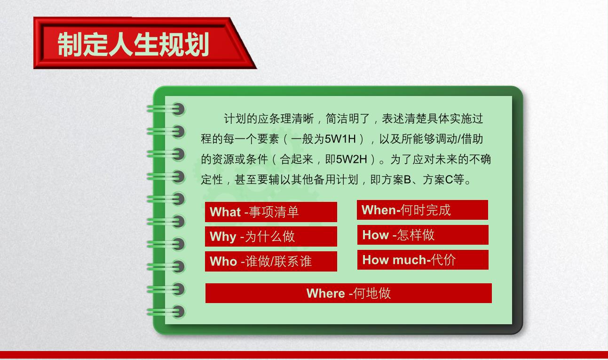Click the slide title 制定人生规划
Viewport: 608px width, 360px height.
[x=133, y=44]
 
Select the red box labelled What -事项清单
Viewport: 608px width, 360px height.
[x=271, y=212]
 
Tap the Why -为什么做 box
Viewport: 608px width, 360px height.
[x=271, y=236]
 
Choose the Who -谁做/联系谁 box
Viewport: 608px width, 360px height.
[x=271, y=261]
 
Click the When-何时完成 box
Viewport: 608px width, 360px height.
[x=422, y=210]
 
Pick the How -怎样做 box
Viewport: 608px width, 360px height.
[x=423, y=235]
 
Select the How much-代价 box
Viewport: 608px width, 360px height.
[x=423, y=260]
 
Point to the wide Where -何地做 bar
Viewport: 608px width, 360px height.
[x=348, y=293]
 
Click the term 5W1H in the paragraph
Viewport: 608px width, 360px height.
[x=340, y=139]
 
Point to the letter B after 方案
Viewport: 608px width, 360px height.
[x=407, y=180]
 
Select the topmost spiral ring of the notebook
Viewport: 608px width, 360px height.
[x=166, y=109]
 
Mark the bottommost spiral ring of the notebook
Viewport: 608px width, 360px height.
[x=166, y=312]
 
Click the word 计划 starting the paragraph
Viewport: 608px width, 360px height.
[x=235, y=119]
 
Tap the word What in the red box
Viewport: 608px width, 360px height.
[x=225, y=212]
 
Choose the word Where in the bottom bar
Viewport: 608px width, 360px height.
[x=326, y=294]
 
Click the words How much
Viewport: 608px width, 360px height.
[x=395, y=260]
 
